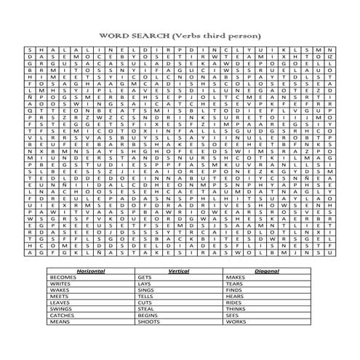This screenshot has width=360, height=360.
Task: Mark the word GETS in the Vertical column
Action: coord(144,277)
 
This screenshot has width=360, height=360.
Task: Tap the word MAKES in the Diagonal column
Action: coord(234,277)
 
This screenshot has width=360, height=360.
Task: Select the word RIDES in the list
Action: coord(233,302)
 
